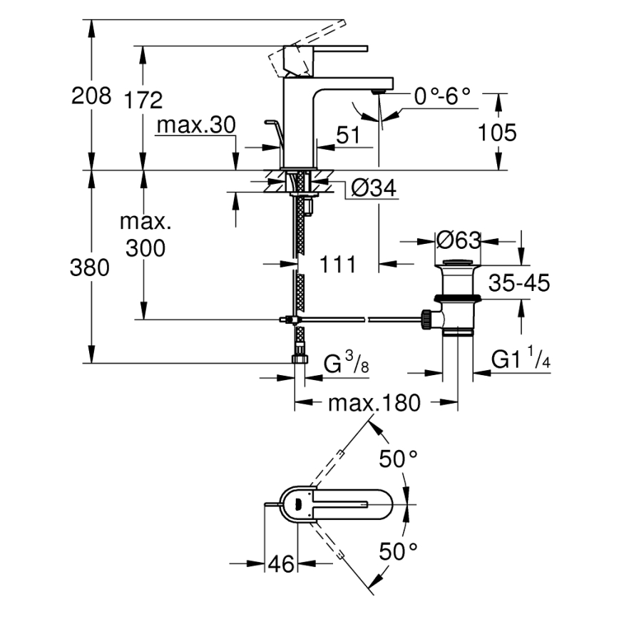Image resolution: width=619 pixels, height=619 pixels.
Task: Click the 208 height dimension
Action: tap(91, 96)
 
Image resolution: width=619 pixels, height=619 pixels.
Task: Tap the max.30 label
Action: tap(195, 126)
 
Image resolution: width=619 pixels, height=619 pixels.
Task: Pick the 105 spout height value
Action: tap(496, 132)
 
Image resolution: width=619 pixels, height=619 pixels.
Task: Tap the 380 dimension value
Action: tap(91, 267)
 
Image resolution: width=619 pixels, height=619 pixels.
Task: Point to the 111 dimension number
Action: tap(337, 265)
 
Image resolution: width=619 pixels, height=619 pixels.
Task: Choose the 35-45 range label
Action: tap(518, 283)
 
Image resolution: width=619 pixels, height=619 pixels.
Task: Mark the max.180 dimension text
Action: tap(374, 404)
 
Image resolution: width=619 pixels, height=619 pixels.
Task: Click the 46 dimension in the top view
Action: tap(281, 564)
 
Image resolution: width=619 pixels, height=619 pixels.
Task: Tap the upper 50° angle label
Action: tap(397, 460)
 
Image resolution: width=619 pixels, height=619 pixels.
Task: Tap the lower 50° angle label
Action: tap(397, 551)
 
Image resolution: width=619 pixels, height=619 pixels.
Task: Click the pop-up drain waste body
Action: tap(458, 300)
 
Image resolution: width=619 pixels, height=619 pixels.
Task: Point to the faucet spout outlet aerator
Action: tap(378, 91)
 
